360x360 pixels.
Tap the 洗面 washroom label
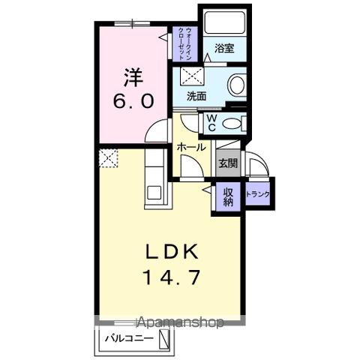pos(197,97)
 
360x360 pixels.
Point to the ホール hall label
pos(191,148)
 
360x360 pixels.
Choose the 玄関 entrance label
pos(228,163)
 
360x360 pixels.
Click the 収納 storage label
pos(228,196)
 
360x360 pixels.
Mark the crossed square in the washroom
pos(191,76)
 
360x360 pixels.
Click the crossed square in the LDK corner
pos(107,158)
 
